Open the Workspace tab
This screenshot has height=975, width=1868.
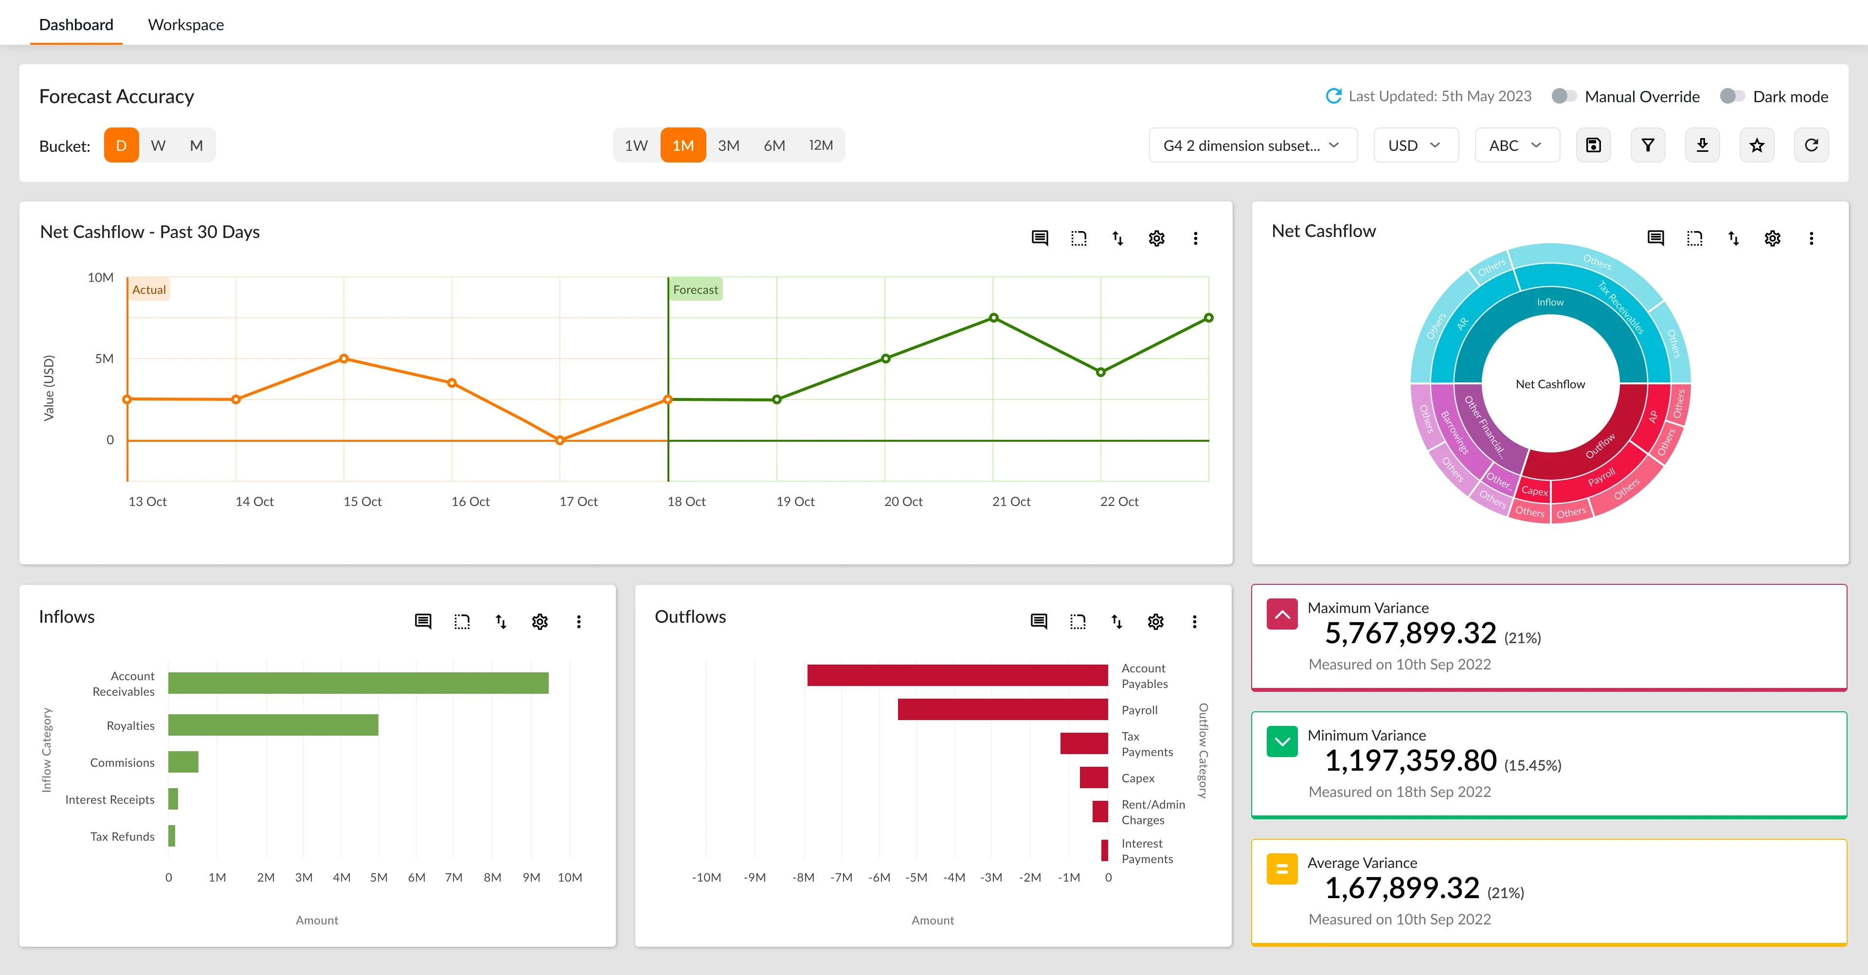186,25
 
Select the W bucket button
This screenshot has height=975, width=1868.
158,145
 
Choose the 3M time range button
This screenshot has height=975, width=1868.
728,145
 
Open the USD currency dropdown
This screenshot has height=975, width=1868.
1415,145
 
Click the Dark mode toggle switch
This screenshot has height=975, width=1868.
1732,96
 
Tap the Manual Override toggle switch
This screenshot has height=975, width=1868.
1563,96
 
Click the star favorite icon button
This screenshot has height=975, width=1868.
1756,145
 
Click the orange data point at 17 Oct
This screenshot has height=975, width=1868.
560,440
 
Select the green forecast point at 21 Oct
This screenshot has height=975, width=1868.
993,318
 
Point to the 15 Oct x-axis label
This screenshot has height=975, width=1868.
362,501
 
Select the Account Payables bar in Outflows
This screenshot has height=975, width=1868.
957,675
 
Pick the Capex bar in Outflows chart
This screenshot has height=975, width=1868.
1094,777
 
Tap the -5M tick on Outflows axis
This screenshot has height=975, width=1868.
916,877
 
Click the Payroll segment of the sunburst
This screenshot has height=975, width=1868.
1601,477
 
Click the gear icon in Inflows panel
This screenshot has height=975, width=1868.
539,622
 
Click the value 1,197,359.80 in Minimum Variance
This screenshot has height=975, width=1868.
1410,760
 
